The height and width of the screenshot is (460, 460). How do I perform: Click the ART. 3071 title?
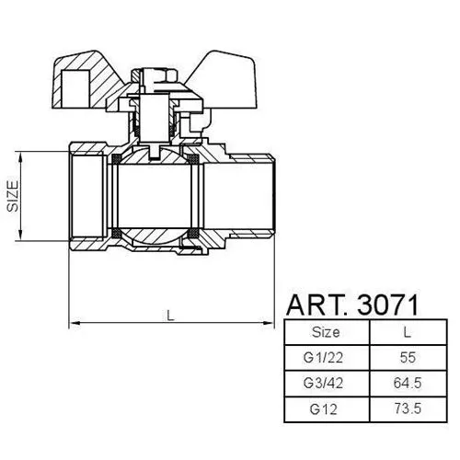pyautogui.click(x=352, y=305)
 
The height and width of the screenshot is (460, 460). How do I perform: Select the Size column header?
pyautogui.click(x=326, y=332)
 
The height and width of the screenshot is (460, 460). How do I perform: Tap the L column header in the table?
pyautogui.click(x=407, y=332)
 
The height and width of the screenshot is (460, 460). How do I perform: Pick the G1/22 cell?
pyautogui.click(x=323, y=358)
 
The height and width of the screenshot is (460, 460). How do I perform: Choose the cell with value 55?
pyautogui.click(x=408, y=358)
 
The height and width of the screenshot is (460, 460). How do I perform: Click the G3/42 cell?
pyautogui.click(x=323, y=383)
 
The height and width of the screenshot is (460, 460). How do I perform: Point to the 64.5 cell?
pyautogui.click(x=408, y=383)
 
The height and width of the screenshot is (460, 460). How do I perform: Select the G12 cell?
pyautogui.click(x=323, y=408)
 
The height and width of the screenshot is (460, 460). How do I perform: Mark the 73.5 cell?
pyautogui.click(x=408, y=408)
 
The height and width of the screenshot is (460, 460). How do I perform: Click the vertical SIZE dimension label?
pyautogui.click(x=13, y=196)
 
